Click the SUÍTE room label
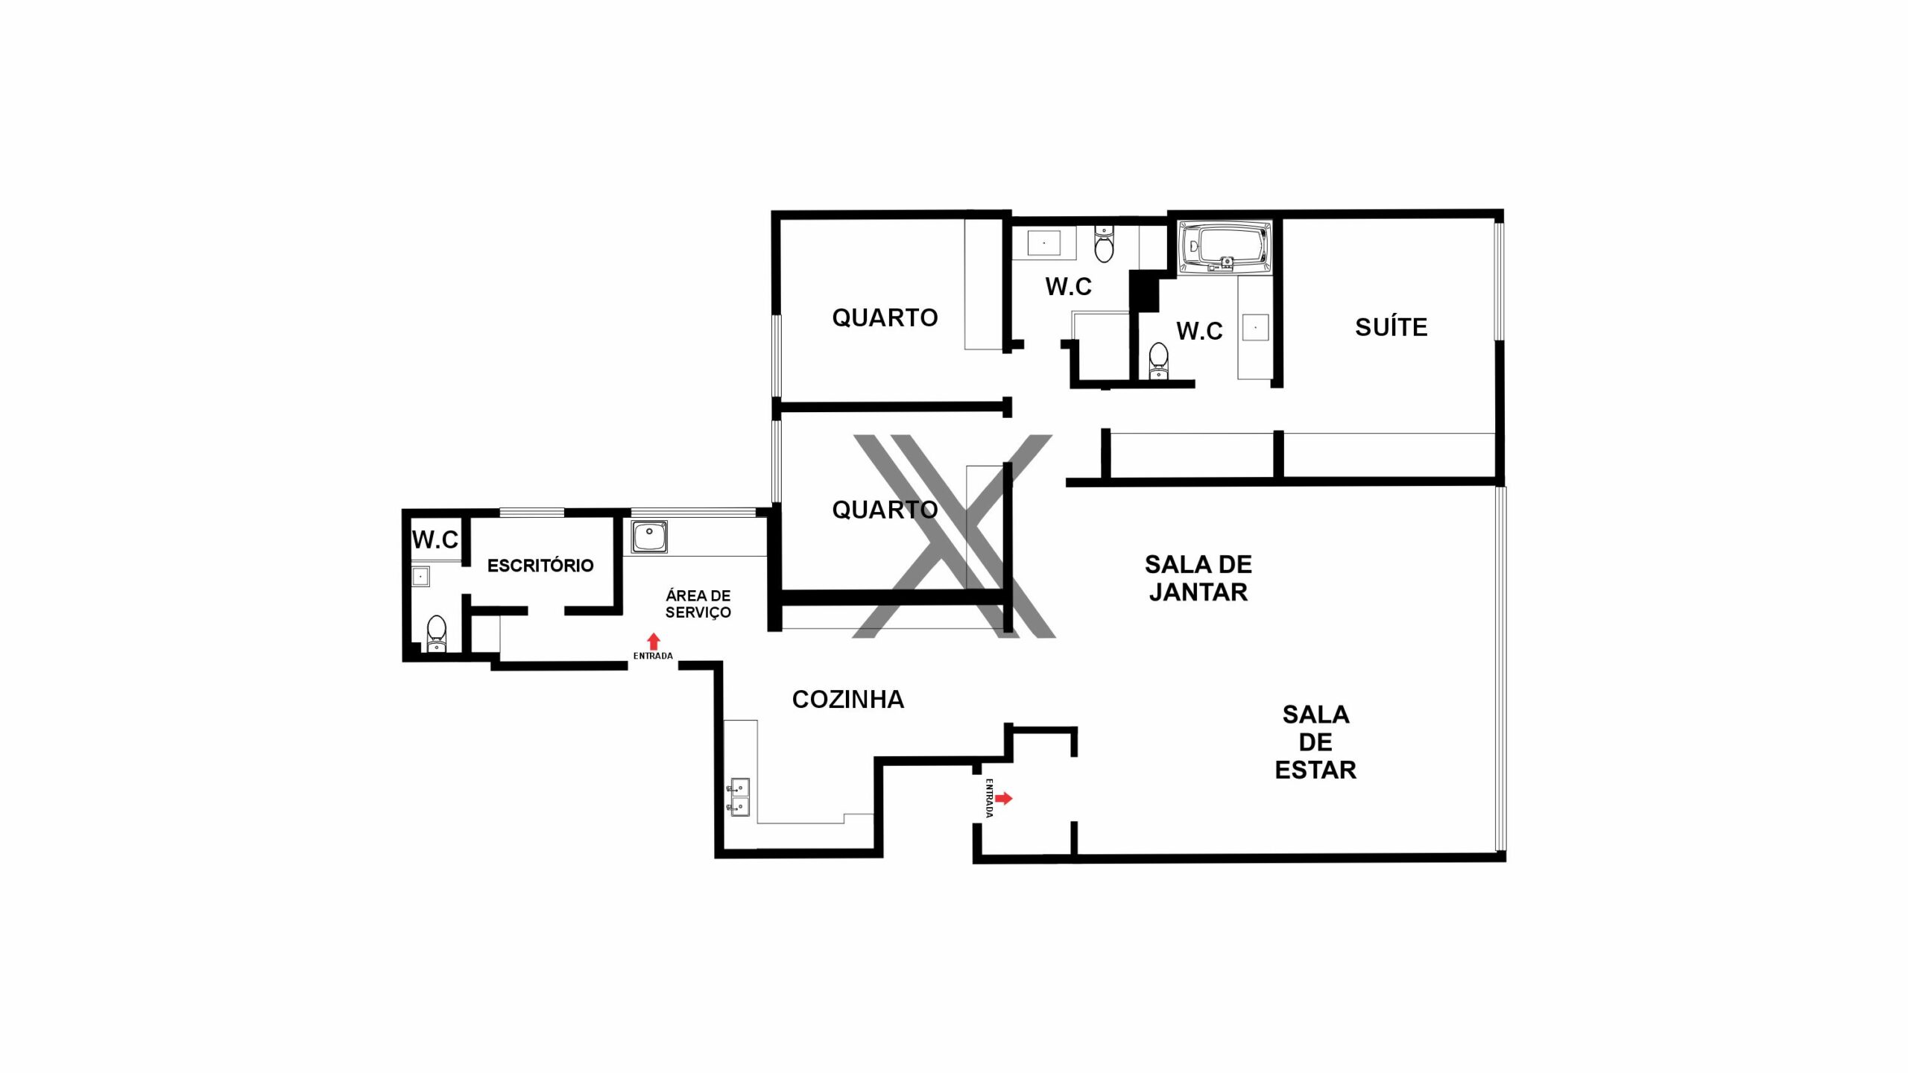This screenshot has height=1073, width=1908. click(1391, 327)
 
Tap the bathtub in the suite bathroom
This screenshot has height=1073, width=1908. click(1225, 245)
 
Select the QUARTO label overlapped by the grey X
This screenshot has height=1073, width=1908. click(885, 510)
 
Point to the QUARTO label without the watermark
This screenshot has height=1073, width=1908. click(885, 318)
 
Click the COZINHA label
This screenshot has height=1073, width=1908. click(848, 700)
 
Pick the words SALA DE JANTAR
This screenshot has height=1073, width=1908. click(1198, 578)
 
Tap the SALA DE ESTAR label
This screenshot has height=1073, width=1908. click(1315, 742)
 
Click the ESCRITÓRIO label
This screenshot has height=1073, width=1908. click(540, 566)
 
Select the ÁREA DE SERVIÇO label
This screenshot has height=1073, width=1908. click(698, 604)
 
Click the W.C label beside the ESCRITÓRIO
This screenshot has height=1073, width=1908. click(435, 539)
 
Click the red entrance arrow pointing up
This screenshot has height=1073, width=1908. click(654, 642)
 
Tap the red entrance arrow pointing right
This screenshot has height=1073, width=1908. click(1004, 799)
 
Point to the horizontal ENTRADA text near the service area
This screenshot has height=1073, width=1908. click(653, 656)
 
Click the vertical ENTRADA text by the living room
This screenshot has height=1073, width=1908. click(989, 798)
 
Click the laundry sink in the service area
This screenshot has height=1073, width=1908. click(649, 536)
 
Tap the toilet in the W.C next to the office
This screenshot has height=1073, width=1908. click(436, 634)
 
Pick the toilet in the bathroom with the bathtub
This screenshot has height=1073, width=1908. click(1157, 361)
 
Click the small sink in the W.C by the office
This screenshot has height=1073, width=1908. click(421, 577)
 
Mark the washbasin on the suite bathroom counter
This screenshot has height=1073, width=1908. click(1255, 328)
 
